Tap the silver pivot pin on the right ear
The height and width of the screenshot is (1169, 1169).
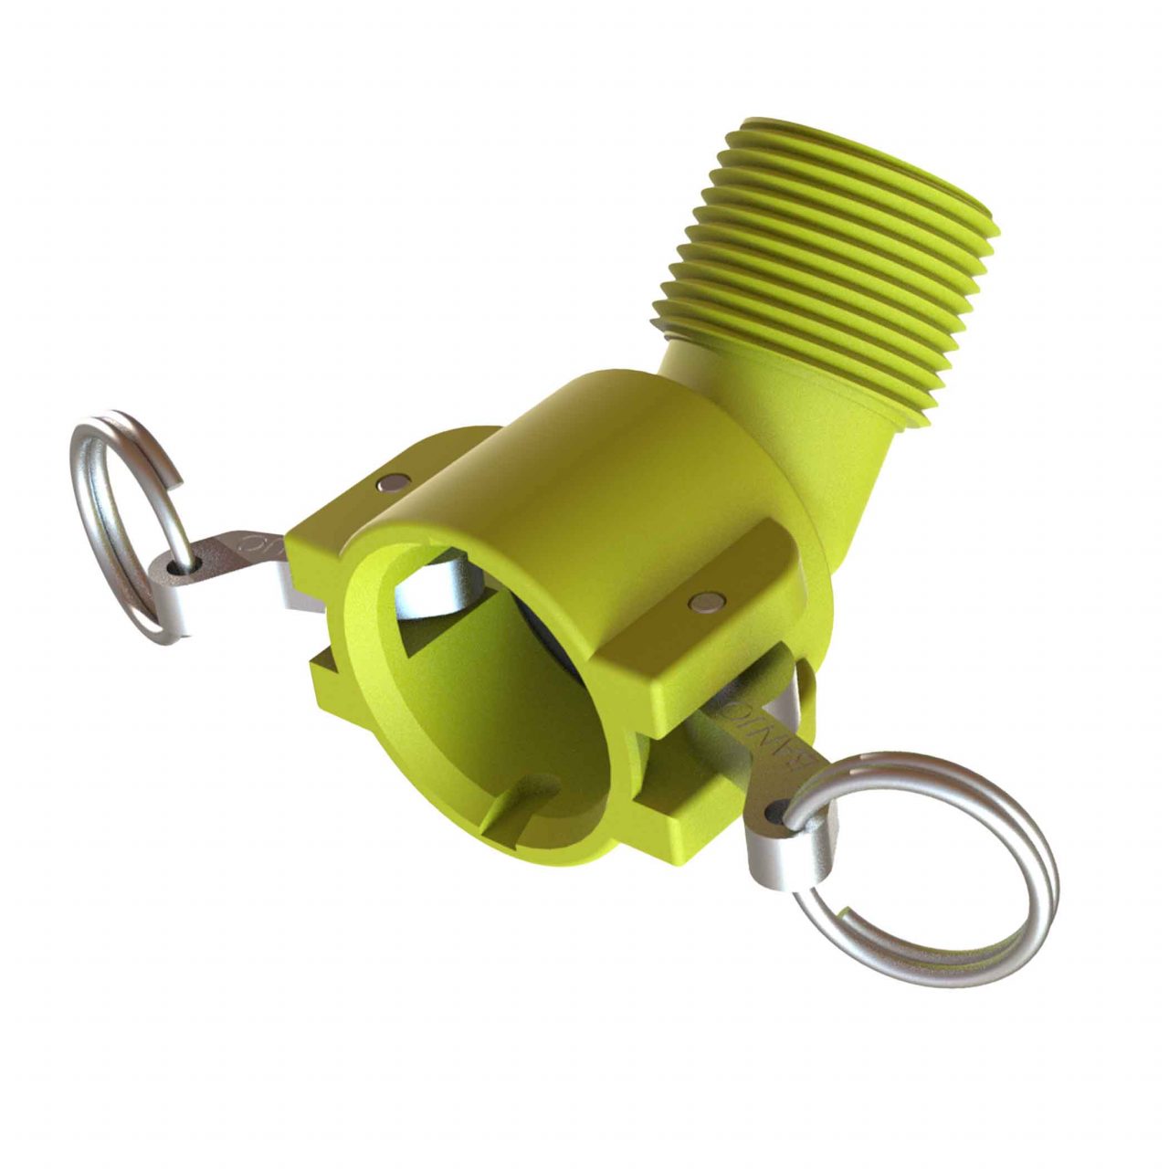click(x=705, y=600)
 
